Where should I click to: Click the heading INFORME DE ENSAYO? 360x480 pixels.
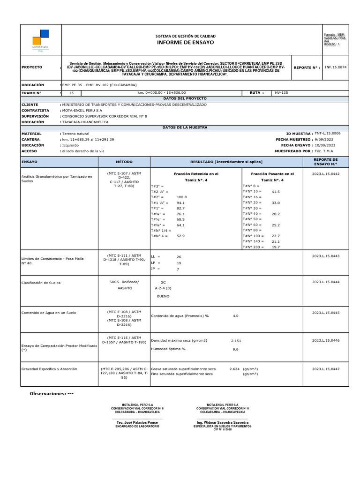click(185, 42)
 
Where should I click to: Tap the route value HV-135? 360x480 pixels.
click(281, 93)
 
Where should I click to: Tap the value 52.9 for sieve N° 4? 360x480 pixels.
click(181, 236)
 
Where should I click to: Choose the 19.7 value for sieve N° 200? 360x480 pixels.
click(276, 247)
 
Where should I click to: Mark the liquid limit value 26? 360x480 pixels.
click(179, 257)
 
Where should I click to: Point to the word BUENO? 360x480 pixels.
click(163, 297)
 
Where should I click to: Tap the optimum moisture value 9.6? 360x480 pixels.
click(236, 349)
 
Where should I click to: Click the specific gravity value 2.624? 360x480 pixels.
click(234, 369)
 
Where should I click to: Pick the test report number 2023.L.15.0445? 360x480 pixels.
click(326, 312)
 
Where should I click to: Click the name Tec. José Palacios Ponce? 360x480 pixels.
click(137, 422)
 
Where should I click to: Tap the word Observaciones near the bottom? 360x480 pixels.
click(48, 393)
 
